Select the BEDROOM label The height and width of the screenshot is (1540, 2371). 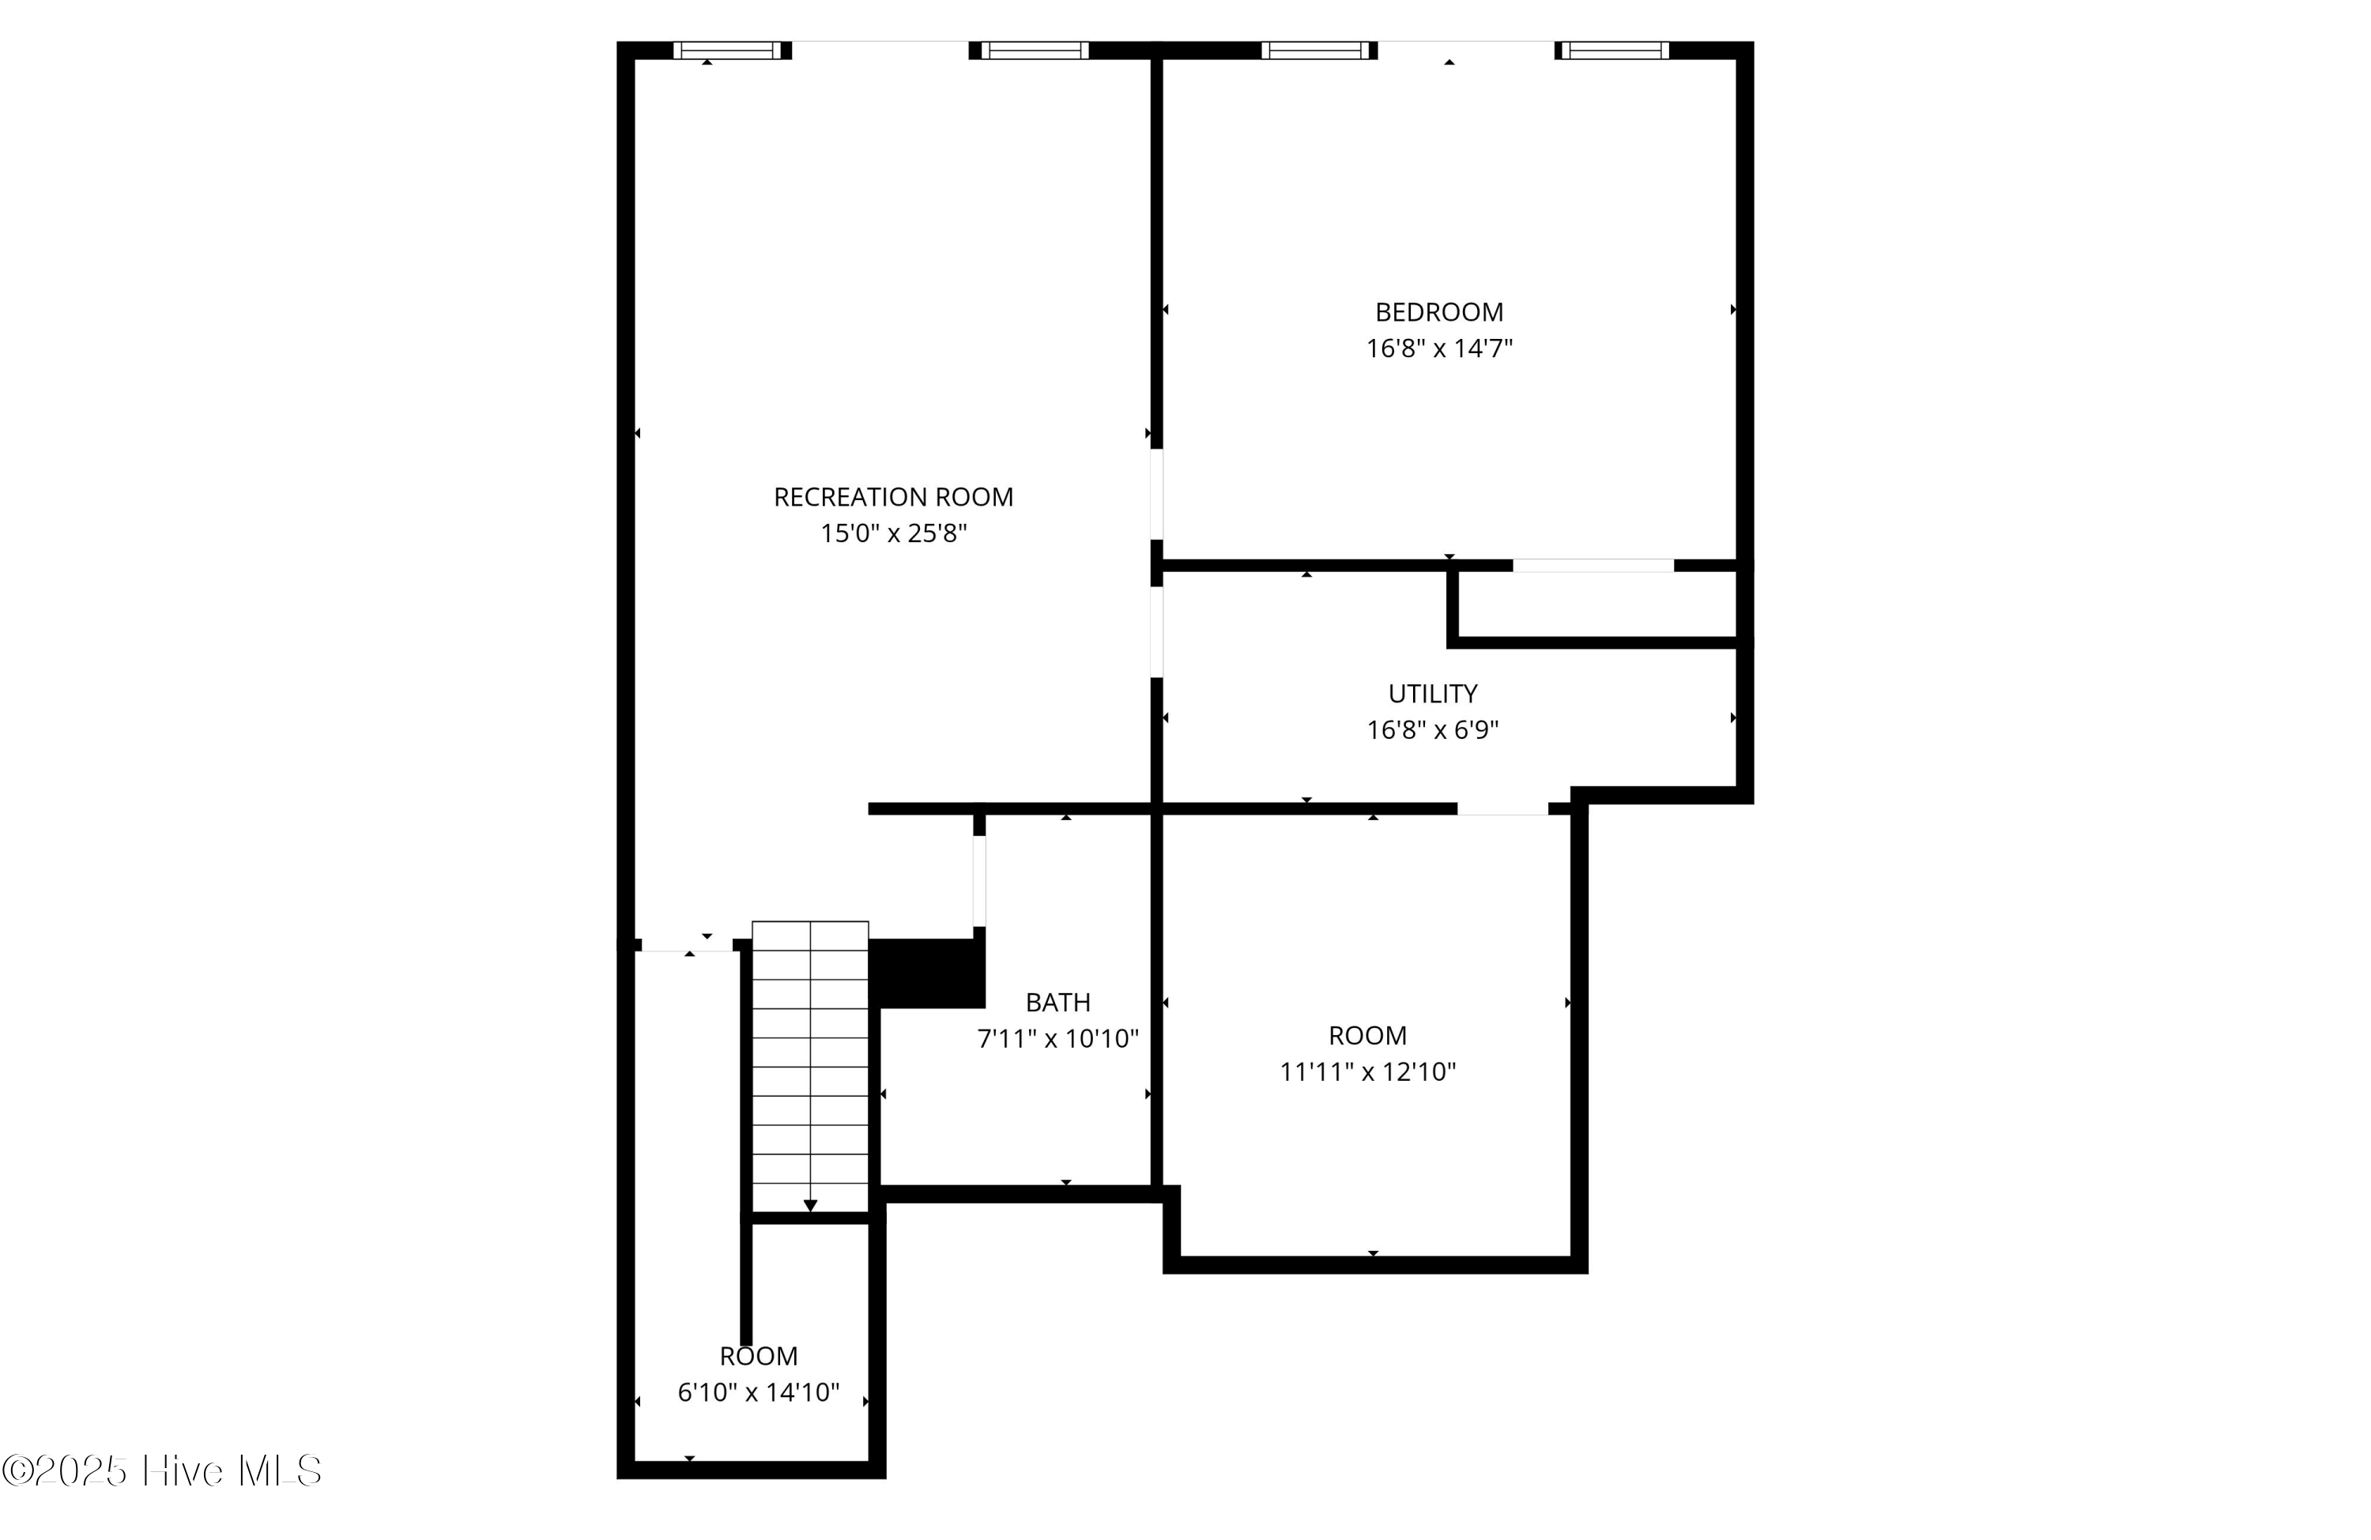click(1438, 312)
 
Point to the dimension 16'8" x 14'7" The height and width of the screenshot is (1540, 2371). click(1438, 348)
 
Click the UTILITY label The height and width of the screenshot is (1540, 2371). click(1433, 693)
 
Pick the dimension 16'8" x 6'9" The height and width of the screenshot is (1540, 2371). click(1433, 730)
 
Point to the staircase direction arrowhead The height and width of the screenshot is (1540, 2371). click(810, 1205)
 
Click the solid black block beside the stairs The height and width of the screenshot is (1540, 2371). click(926, 972)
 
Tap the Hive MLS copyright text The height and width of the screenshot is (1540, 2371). click(161, 1471)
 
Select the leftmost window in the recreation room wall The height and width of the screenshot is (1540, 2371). click(727, 50)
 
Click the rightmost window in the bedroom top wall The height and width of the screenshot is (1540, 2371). click(1614, 50)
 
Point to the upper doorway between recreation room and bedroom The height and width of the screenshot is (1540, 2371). click(1156, 494)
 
